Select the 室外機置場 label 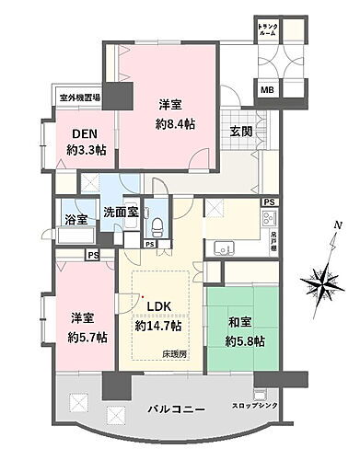[x=80, y=97]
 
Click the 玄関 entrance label [x=241, y=132]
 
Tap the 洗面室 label [x=121, y=213]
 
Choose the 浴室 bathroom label [x=76, y=220]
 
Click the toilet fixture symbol [x=157, y=224]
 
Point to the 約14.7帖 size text [x=157, y=325]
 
